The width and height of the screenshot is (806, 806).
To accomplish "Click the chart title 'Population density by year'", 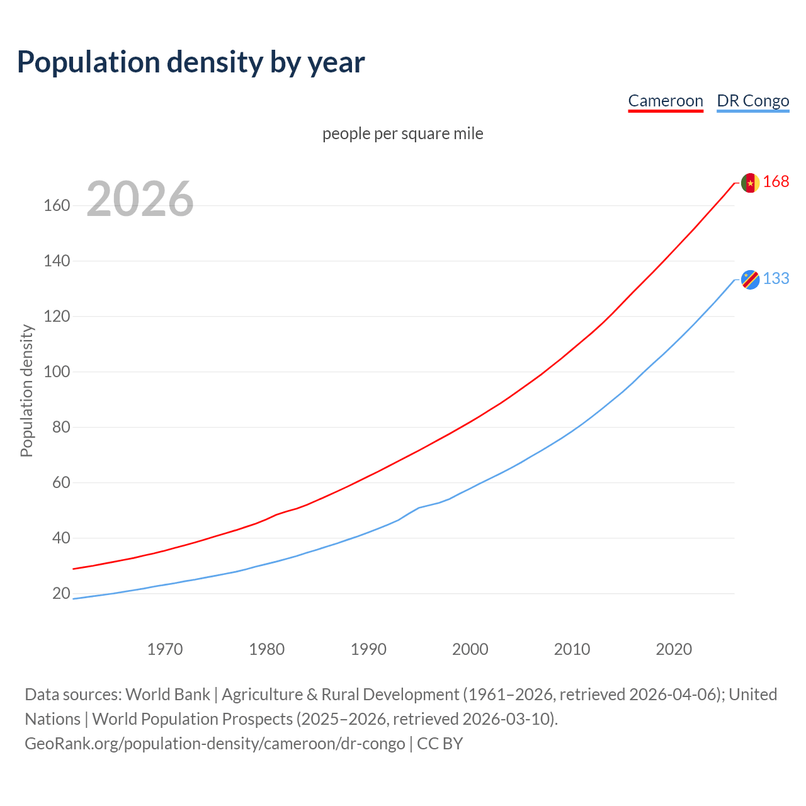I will coord(191,62).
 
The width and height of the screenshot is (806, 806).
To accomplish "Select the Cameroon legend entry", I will coord(666,101).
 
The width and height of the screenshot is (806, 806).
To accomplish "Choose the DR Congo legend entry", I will coord(752,101).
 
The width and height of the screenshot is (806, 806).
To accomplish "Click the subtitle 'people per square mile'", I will coord(403,133).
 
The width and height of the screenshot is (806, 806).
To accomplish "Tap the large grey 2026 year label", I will coord(140,198).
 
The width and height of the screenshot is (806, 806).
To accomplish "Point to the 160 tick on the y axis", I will coord(57,205).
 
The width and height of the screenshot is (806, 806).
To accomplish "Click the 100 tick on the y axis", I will coord(57,372).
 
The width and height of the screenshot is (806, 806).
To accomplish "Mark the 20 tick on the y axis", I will coord(61,593).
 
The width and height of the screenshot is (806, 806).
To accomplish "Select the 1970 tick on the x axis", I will coord(165,649).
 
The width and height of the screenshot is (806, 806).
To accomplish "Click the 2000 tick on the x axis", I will coord(470,649).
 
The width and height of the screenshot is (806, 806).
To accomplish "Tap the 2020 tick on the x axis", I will coord(674,649).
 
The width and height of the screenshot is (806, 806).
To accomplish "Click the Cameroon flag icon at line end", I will coord(750,183).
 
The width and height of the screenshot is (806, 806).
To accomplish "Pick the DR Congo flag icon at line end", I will coord(750,280).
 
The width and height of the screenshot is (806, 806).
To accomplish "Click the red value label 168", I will coord(776,182).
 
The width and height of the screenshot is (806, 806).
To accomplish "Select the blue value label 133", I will coord(776,279).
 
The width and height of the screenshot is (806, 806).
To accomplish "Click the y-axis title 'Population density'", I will coord(26,390).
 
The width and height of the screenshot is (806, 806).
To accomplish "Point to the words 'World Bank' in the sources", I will coord(167,694).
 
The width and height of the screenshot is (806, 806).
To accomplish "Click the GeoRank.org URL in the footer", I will coord(215,743).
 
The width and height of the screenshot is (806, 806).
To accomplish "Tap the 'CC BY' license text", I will coord(440,743).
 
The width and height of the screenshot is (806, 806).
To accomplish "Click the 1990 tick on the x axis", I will coord(368,649).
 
